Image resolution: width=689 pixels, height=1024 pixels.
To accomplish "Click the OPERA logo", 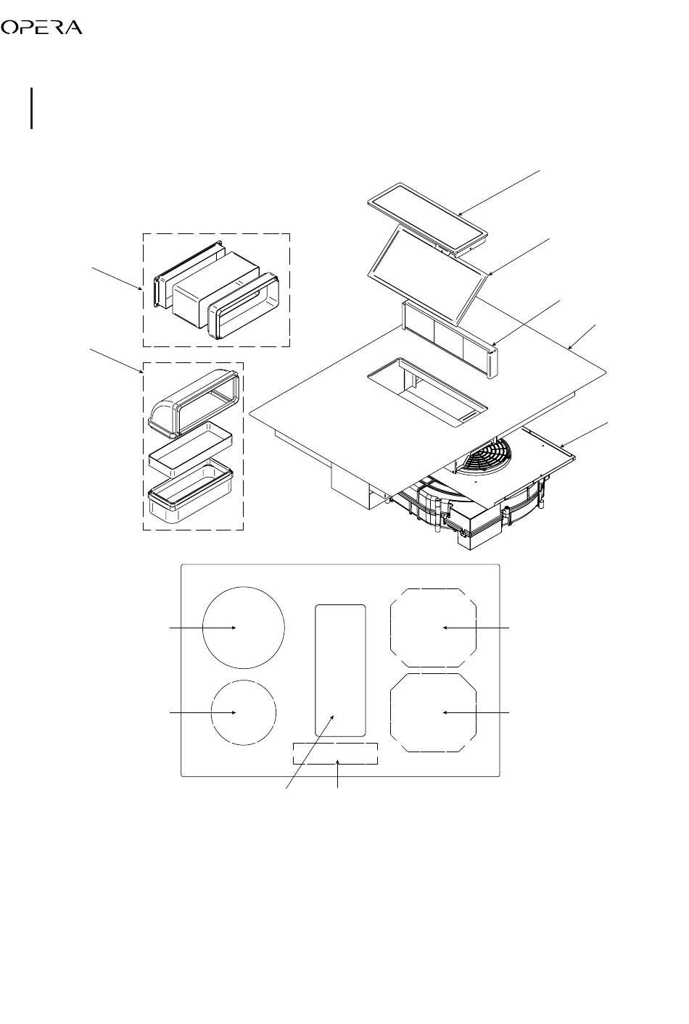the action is tap(41, 28).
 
